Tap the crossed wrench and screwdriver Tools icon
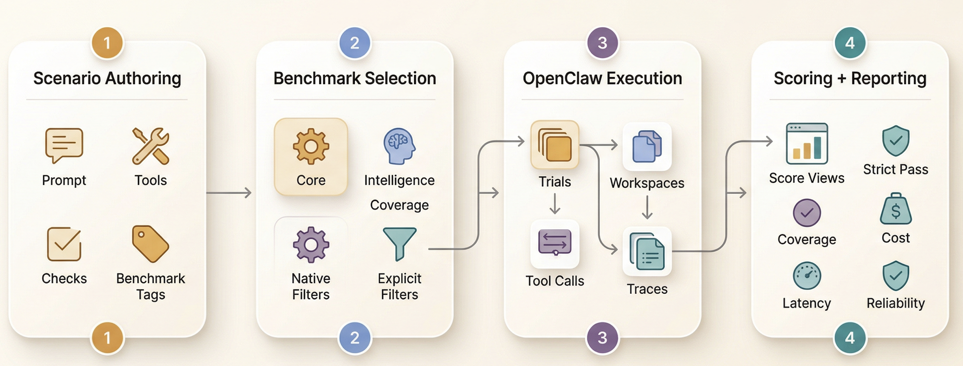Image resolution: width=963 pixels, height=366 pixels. pos(151,145)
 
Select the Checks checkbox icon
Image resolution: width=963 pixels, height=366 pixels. pos(64,244)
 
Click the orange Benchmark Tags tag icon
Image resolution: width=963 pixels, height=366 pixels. pos(151,244)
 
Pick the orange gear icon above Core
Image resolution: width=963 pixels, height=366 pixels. pos(311,146)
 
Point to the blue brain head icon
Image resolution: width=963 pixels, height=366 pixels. pos(399,146)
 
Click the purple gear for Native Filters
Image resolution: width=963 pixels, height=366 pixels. pos(311,245)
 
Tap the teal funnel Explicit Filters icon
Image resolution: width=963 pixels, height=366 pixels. pos(399,244)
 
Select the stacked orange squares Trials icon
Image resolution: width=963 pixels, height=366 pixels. pos(555,144)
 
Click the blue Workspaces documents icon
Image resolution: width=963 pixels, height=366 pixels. pos(647,146)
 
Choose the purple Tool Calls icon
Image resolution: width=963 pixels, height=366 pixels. pos(555,243)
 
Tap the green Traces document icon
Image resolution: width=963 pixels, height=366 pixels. pos(647,251)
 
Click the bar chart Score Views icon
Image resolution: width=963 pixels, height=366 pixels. pos(807,144)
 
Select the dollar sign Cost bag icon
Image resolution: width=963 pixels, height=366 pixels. pos(896,209)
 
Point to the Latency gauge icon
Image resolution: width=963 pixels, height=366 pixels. pos(807,276)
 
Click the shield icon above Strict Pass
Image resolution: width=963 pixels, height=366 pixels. pos(896,141)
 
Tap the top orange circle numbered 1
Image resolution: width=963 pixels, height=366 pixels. pos(107,43)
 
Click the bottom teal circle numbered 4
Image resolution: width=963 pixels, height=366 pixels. pos(850,338)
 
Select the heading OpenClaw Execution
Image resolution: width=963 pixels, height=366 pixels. pos(602,78)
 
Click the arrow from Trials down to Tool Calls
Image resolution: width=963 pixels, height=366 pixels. pos(555,203)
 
